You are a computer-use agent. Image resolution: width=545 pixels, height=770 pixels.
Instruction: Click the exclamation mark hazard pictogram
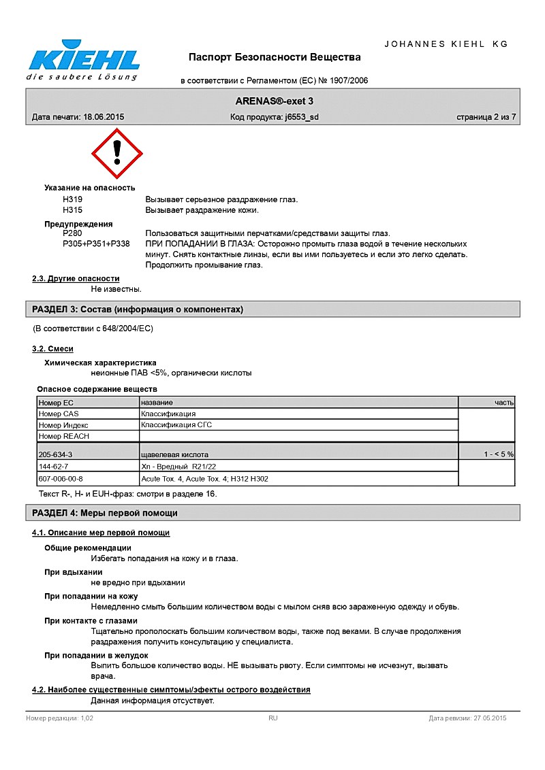117,154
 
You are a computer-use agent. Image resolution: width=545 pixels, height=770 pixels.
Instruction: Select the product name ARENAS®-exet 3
275,101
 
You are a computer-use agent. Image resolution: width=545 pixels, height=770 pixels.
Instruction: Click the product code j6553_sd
302,117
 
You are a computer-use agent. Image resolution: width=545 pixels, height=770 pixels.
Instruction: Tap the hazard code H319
72,199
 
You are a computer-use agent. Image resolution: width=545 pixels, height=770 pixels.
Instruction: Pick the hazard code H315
72,210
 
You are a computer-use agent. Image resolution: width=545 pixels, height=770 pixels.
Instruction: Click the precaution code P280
72,233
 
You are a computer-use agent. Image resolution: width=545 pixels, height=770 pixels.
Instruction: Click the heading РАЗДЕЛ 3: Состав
138,309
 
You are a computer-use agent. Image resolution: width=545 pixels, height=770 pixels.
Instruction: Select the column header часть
504,403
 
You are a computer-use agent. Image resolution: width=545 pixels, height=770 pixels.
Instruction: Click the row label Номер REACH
64,436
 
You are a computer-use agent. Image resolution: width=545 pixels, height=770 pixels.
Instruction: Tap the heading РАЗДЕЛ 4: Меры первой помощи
105,513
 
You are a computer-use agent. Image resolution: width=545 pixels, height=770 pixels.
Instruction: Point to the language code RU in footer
272,718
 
